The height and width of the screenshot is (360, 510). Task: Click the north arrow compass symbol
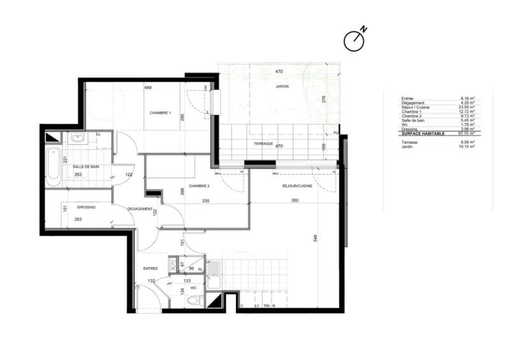(x=354, y=40)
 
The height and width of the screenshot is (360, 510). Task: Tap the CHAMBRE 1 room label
(x=160, y=113)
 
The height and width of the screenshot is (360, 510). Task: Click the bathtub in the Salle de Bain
(x=54, y=166)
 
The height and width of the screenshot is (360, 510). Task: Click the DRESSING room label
(x=86, y=207)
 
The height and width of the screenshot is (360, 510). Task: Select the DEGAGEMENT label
(x=140, y=209)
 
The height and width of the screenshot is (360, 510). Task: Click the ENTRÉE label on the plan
(x=150, y=268)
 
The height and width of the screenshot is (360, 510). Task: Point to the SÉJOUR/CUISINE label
(x=297, y=186)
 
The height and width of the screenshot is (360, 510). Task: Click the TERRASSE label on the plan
(x=263, y=144)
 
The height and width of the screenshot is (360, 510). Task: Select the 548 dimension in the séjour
(x=314, y=240)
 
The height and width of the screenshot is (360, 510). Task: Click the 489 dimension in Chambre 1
(x=147, y=87)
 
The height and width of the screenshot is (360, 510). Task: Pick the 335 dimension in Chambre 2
(x=206, y=200)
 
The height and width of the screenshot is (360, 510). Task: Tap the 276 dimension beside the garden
(x=323, y=99)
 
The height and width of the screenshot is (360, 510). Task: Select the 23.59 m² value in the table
(x=468, y=107)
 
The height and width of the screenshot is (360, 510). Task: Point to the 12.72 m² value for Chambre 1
(x=468, y=112)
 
